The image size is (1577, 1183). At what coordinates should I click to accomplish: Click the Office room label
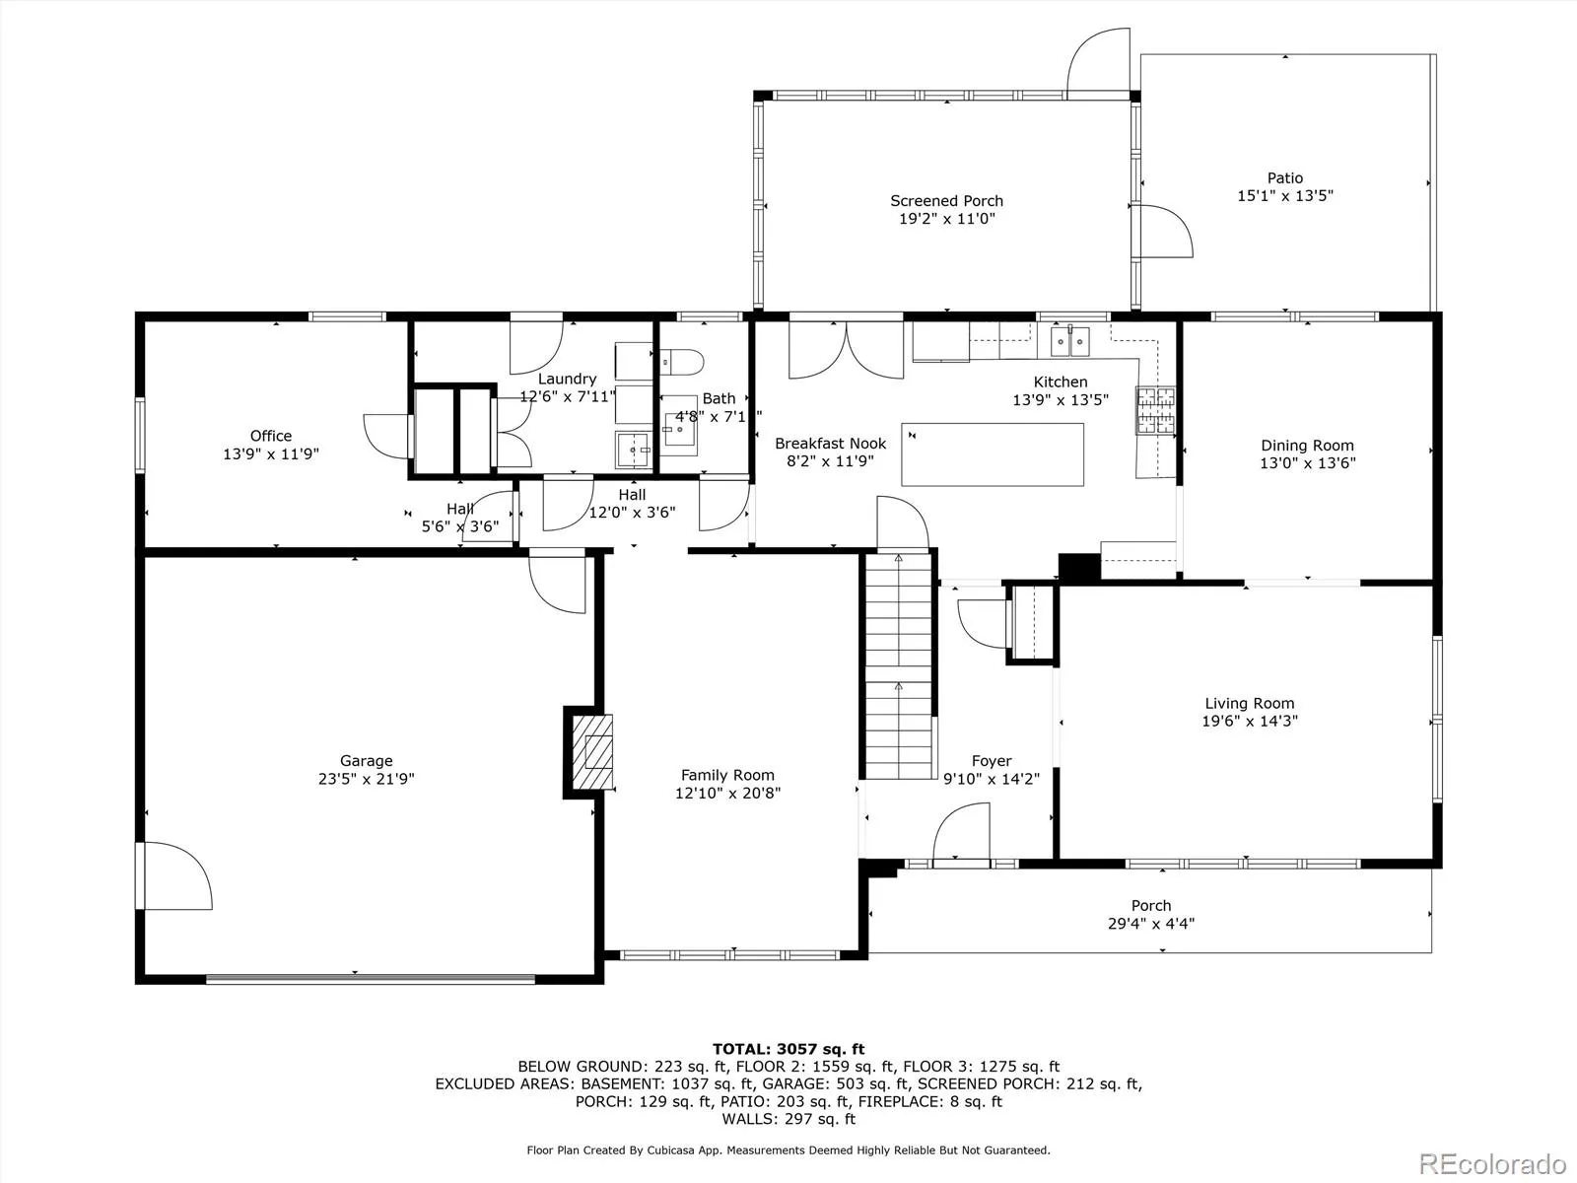coord(271,436)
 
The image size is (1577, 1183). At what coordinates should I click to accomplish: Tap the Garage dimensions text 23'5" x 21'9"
coord(367,779)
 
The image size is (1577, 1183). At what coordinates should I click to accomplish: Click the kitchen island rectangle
coord(993,454)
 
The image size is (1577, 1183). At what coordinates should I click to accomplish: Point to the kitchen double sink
coord(1069,341)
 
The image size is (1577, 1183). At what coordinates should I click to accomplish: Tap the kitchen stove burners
coord(1155,411)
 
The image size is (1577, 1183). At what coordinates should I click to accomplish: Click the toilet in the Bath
coord(681,362)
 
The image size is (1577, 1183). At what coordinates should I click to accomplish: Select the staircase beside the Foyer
coord(899,664)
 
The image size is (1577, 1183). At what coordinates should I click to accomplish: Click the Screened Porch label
coord(946,201)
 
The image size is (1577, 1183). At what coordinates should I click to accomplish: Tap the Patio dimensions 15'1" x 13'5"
coord(1285,195)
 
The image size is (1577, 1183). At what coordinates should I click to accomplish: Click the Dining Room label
coord(1308,446)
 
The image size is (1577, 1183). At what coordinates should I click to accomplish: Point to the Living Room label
coord(1250,703)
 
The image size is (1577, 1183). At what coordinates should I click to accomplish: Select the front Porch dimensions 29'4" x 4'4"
coord(1151,924)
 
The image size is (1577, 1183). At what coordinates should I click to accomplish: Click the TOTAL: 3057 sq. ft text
coord(788,1049)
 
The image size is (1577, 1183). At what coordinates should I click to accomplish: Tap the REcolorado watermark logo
coord(1493,1163)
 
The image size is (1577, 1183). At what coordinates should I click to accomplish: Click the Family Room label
coord(727,775)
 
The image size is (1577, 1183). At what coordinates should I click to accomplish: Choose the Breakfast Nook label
coord(831,444)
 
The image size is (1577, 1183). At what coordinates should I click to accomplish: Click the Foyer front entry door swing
coord(961,831)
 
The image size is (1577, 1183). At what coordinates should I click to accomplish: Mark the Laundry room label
coord(568,379)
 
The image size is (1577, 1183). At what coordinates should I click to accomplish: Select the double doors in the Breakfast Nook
coord(847,350)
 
